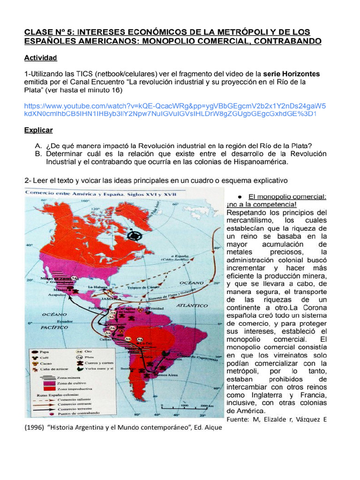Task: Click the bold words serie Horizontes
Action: (x=292, y=74)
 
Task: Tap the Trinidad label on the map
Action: (x=157, y=309)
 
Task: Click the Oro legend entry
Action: (x=86, y=351)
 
